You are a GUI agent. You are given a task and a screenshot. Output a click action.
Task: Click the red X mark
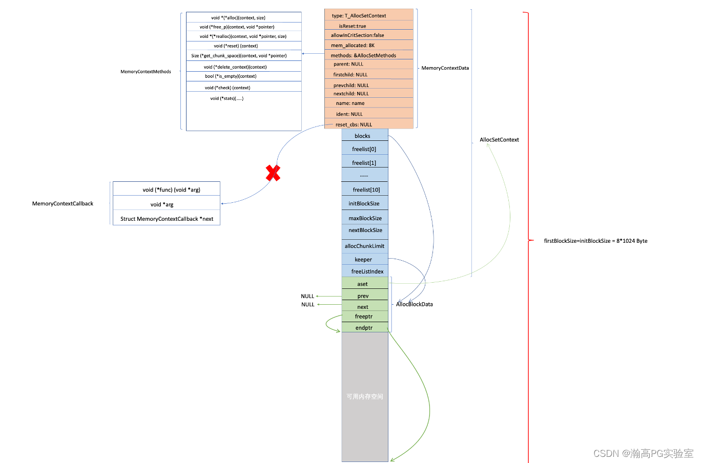pos(273,173)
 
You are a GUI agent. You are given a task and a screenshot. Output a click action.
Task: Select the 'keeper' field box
pos(364,260)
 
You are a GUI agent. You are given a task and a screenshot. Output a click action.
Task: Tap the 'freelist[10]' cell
pos(365,190)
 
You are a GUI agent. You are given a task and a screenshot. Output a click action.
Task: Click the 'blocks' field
pos(363,136)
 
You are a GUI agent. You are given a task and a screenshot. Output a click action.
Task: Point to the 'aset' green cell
pos(363,284)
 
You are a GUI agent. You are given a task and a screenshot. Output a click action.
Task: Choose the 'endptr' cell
pos(364,328)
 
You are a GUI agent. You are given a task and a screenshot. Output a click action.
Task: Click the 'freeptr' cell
pos(364,317)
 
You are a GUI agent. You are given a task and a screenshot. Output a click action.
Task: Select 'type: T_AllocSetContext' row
pos(368,16)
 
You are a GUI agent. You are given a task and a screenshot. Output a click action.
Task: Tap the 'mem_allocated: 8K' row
pos(368,46)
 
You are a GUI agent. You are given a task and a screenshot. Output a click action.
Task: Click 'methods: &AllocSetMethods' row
pos(368,55)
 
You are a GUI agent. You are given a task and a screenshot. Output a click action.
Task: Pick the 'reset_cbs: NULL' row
pos(368,124)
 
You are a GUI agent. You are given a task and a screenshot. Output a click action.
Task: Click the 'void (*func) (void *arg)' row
pos(167,190)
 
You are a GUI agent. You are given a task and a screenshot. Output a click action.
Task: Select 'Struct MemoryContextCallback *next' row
pos(167,219)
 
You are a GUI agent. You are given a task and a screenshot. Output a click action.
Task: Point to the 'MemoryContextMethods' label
pos(146,72)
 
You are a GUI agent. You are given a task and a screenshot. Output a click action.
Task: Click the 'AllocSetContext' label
pos(499,140)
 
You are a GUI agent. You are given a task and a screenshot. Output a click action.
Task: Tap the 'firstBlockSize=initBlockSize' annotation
pos(595,241)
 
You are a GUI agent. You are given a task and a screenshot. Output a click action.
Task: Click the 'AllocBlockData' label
pos(415,304)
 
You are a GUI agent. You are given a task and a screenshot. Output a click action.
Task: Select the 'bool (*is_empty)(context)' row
pos(231,76)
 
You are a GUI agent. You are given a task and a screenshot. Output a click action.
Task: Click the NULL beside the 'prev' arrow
pos(307,296)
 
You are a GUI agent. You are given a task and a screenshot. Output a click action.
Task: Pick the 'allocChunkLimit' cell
pos(364,246)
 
